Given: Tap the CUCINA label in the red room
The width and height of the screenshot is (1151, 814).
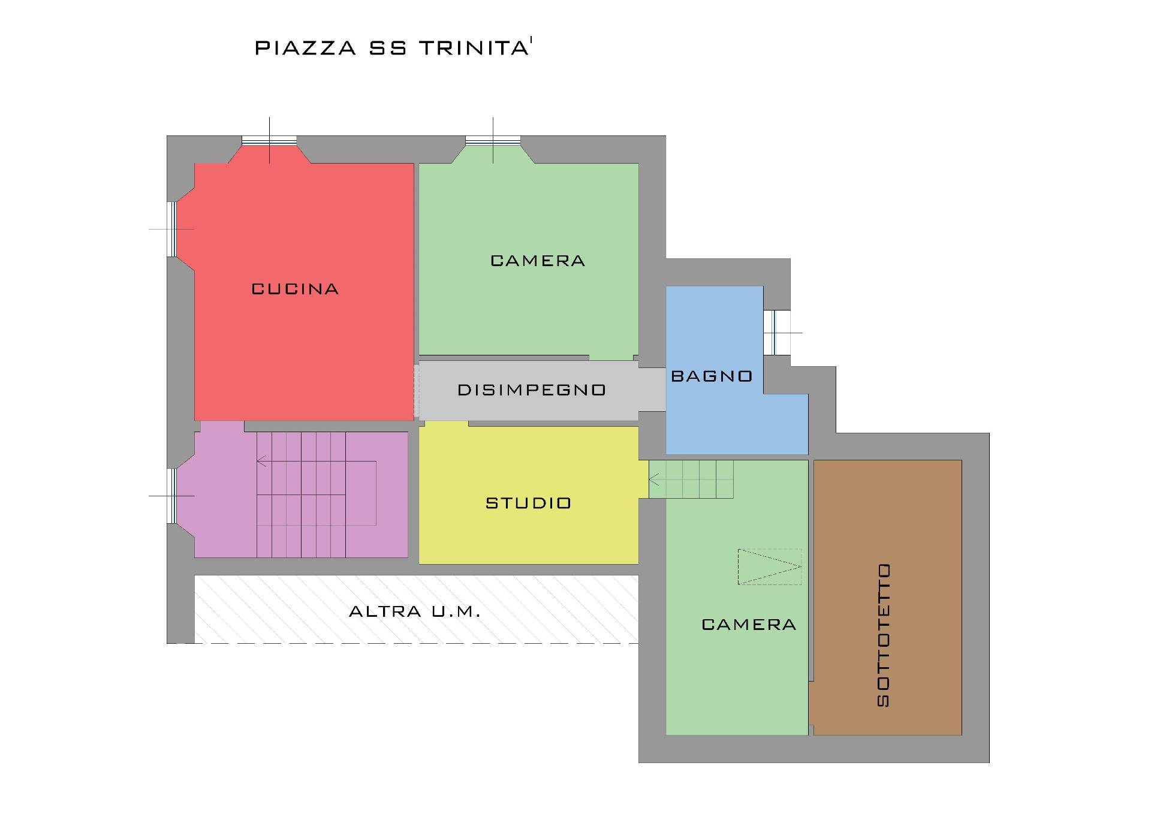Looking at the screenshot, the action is tap(295, 289).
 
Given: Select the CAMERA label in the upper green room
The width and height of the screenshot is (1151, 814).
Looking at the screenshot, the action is tap(538, 261).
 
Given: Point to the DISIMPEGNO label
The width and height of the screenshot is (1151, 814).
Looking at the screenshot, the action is tap(532, 390).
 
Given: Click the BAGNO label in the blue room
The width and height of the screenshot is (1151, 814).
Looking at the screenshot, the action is tap(712, 376).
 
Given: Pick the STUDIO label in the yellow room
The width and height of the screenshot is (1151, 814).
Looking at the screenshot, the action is tap(528, 503).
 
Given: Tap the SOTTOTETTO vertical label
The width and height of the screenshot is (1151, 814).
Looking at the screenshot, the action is tap(883, 635).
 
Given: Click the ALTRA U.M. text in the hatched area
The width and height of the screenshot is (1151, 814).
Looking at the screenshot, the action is tap(415, 612).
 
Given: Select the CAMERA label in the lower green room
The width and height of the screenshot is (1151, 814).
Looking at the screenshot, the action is tap(749, 625).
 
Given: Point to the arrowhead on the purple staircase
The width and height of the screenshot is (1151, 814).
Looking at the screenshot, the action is tap(261, 461).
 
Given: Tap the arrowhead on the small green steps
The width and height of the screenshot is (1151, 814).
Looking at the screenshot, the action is tap(654, 480).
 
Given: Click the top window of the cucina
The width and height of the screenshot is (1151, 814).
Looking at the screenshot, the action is tap(269, 141).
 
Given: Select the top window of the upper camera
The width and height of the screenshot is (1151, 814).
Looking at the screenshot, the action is tap(493, 141).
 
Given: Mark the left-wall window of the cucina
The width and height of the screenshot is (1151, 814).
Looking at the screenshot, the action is tap(171, 229).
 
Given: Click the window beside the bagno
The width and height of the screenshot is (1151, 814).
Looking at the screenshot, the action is tap(773, 333).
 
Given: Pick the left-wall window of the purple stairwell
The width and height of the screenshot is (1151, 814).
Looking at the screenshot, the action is tap(171, 496).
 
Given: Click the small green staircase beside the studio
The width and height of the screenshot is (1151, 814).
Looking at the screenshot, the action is tap(691, 479).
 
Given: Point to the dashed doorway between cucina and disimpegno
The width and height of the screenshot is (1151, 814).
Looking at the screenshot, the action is tap(416, 391).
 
